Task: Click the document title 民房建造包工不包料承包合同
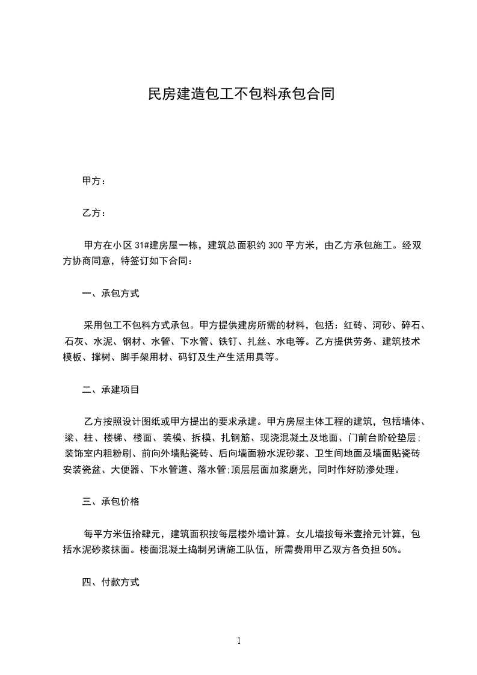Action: [x=241, y=94]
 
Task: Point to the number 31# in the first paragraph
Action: [x=143, y=245]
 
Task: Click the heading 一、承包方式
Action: [x=111, y=294]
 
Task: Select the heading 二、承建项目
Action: [x=111, y=389]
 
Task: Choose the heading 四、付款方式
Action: [x=111, y=582]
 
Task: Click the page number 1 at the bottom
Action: [x=239, y=641]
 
